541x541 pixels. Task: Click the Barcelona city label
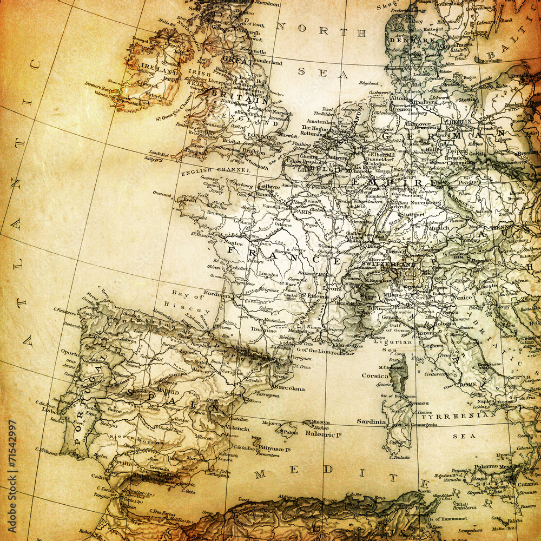click(288, 388)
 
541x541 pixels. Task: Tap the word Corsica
click(374, 375)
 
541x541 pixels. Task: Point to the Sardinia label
click(371, 421)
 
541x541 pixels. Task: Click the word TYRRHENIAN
click(458, 417)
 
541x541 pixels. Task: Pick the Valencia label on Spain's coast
click(237, 428)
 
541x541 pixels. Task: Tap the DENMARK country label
click(417, 41)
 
